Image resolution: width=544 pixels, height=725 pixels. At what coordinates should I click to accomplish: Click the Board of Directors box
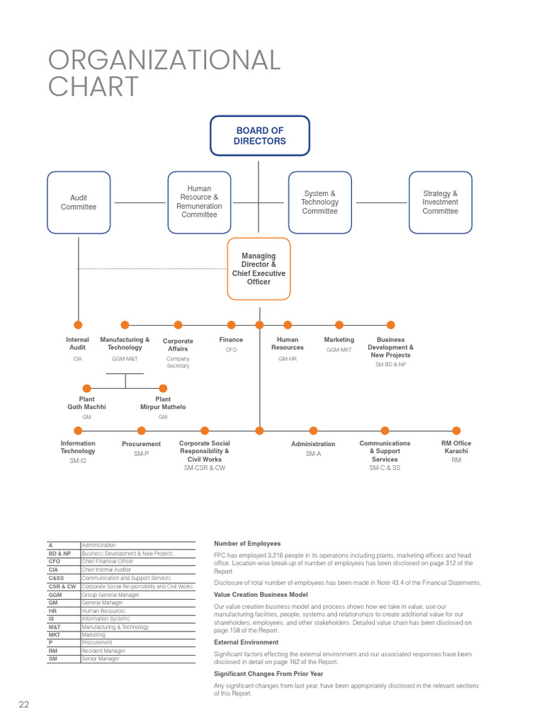(259, 136)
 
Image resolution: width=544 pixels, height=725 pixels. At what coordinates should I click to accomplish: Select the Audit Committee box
(79, 202)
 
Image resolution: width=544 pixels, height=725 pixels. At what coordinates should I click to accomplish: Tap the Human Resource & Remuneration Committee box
(199, 202)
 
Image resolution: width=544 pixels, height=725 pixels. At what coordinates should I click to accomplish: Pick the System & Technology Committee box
(319, 202)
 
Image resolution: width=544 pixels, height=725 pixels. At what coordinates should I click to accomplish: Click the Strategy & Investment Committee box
(440, 202)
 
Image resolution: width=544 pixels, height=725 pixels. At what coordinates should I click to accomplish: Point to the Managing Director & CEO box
(259, 269)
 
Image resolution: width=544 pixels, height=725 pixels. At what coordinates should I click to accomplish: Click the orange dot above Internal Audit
(78, 325)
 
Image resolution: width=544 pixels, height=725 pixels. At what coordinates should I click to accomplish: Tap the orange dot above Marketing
(339, 325)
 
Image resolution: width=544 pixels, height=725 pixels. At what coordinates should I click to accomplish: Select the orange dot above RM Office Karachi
(456, 430)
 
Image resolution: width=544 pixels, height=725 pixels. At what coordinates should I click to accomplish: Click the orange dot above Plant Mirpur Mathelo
(163, 389)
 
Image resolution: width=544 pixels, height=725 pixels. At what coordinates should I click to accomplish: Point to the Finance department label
(231, 340)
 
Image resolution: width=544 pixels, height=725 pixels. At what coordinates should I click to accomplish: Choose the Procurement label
(141, 444)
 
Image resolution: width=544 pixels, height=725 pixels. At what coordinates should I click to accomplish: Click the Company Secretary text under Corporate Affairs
(178, 362)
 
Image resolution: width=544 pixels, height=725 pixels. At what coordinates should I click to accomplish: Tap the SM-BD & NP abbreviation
(390, 365)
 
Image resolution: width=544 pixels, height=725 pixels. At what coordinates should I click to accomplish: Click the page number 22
(24, 704)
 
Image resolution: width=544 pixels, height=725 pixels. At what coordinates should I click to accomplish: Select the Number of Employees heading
(247, 544)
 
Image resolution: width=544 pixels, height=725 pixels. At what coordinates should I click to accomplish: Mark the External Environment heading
(246, 642)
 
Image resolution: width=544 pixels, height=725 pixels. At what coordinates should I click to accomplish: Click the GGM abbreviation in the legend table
(55, 595)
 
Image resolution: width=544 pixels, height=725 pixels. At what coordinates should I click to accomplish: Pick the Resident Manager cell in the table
(103, 651)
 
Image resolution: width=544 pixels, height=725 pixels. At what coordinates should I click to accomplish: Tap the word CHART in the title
(93, 87)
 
